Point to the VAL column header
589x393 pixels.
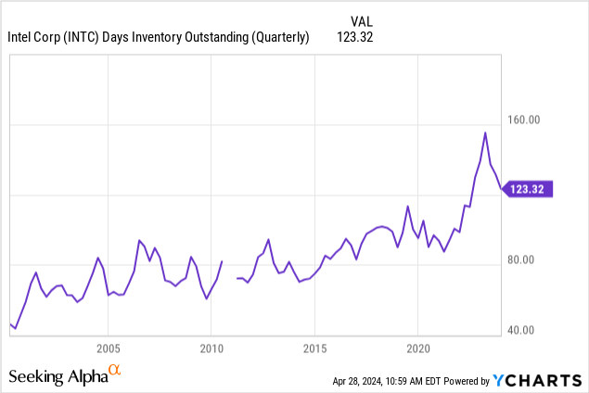point(363,19)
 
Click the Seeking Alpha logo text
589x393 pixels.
point(57,376)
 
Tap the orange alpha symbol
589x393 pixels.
point(115,372)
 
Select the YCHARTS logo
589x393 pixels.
point(537,380)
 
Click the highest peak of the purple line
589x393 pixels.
point(484,133)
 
